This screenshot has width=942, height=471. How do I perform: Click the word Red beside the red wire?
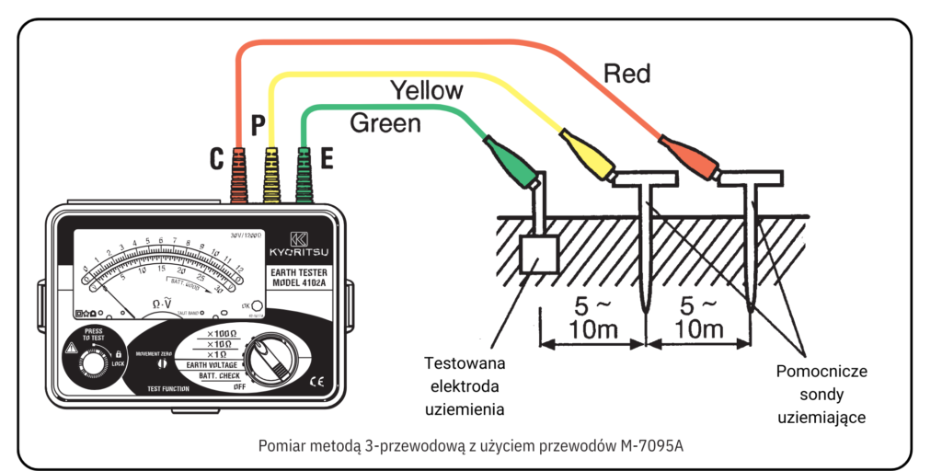click(626, 74)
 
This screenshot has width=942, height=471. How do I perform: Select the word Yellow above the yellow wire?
click(427, 90)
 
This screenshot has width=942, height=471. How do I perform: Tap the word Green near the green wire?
click(385, 122)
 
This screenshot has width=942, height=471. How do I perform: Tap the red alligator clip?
click(690, 153)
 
